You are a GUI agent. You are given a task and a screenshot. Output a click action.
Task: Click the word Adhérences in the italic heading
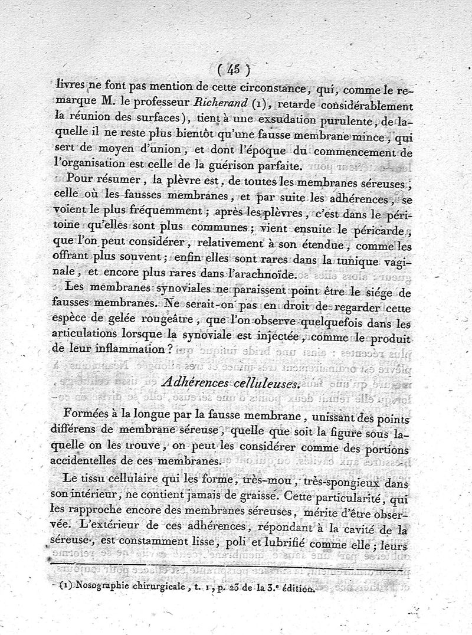coord(199,383)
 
